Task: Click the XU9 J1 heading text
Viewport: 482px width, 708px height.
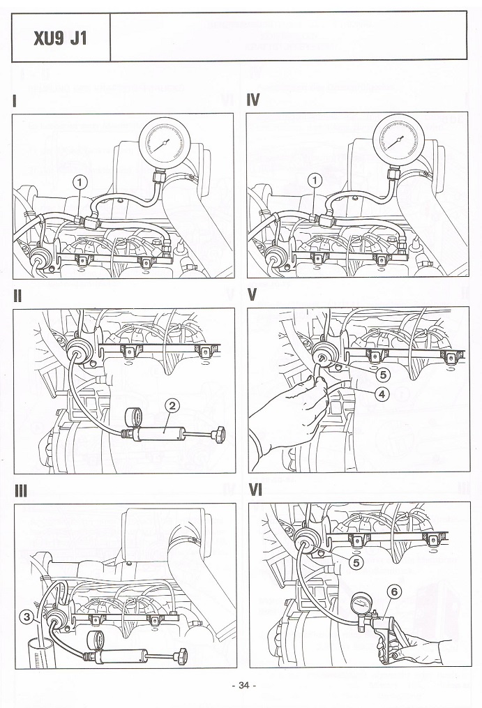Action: (61, 37)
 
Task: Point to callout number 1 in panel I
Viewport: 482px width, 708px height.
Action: (82, 182)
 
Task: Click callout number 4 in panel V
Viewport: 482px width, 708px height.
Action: (382, 393)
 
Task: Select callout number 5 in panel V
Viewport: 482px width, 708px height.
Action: (382, 375)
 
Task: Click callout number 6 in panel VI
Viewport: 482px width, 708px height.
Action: (395, 592)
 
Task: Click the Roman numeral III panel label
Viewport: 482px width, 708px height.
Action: (20, 490)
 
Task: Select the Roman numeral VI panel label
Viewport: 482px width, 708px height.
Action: (255, 490)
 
